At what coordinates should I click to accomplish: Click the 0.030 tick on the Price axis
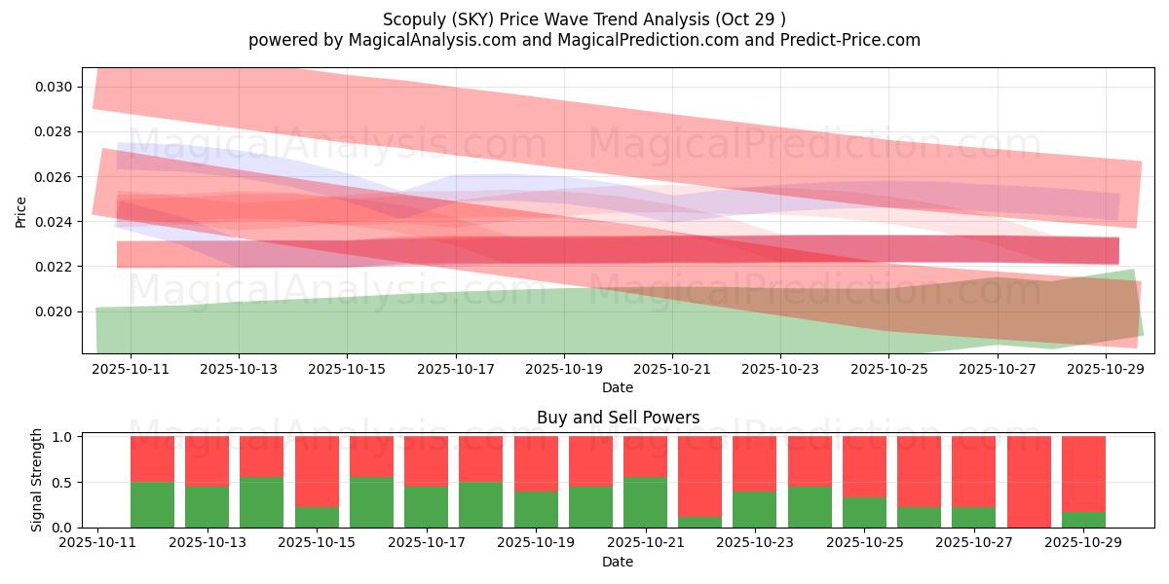(53, 87)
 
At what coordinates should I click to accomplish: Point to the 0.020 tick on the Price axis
(53, 311)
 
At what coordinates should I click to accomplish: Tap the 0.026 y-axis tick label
(53, 177)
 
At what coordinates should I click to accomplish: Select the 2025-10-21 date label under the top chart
(672, 370)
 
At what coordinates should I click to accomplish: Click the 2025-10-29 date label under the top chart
(1106, 370)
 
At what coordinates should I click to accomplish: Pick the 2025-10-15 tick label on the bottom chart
(317, 543)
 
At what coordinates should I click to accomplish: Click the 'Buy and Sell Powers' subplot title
(618, 418)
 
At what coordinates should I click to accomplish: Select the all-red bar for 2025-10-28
(1029, 482)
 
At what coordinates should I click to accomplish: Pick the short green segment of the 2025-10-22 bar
(699, 522)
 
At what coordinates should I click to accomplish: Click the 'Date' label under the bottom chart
(618, 562)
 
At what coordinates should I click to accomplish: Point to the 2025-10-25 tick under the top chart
(888, 370)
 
